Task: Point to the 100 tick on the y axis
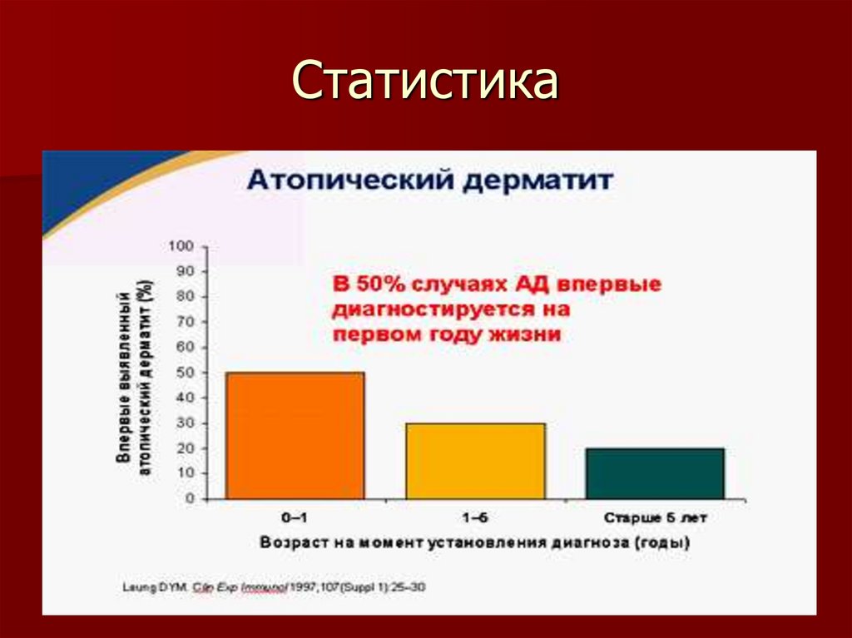coord(181,246)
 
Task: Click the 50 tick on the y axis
coord(184,373)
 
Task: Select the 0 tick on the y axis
coord(190,499)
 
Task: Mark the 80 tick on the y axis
coord(184,297)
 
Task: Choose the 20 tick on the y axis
coord(184,448)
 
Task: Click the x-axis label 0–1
coord(295,517)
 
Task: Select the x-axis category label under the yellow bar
coord(475,517)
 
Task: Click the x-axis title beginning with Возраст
coord(475,543)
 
